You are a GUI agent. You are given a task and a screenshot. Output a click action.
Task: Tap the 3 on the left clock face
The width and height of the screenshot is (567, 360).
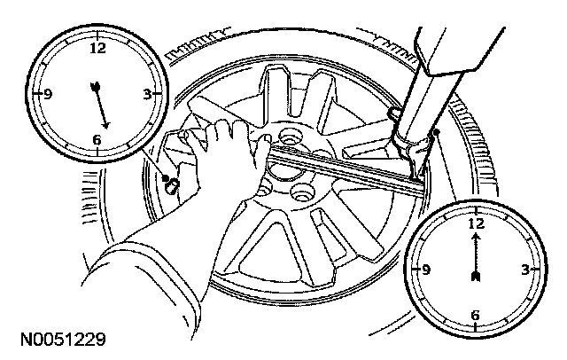pos(144,92)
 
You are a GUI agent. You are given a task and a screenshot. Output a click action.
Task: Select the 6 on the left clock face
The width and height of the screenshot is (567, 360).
pos(96,138)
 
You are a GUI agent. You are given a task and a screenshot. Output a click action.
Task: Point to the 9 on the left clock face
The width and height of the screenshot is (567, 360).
pos(50,93)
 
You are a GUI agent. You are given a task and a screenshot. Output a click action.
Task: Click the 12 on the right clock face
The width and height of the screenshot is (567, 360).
pos(476,224)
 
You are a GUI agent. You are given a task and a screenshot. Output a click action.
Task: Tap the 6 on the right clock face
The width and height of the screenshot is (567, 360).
pos(475,314)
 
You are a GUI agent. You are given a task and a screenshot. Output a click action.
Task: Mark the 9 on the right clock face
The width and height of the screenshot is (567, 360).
pos(427,270)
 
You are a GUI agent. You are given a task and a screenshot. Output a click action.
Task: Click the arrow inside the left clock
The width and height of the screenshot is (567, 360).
pos(99,105)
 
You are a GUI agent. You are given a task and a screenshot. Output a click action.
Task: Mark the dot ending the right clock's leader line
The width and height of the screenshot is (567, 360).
pos(438,134)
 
